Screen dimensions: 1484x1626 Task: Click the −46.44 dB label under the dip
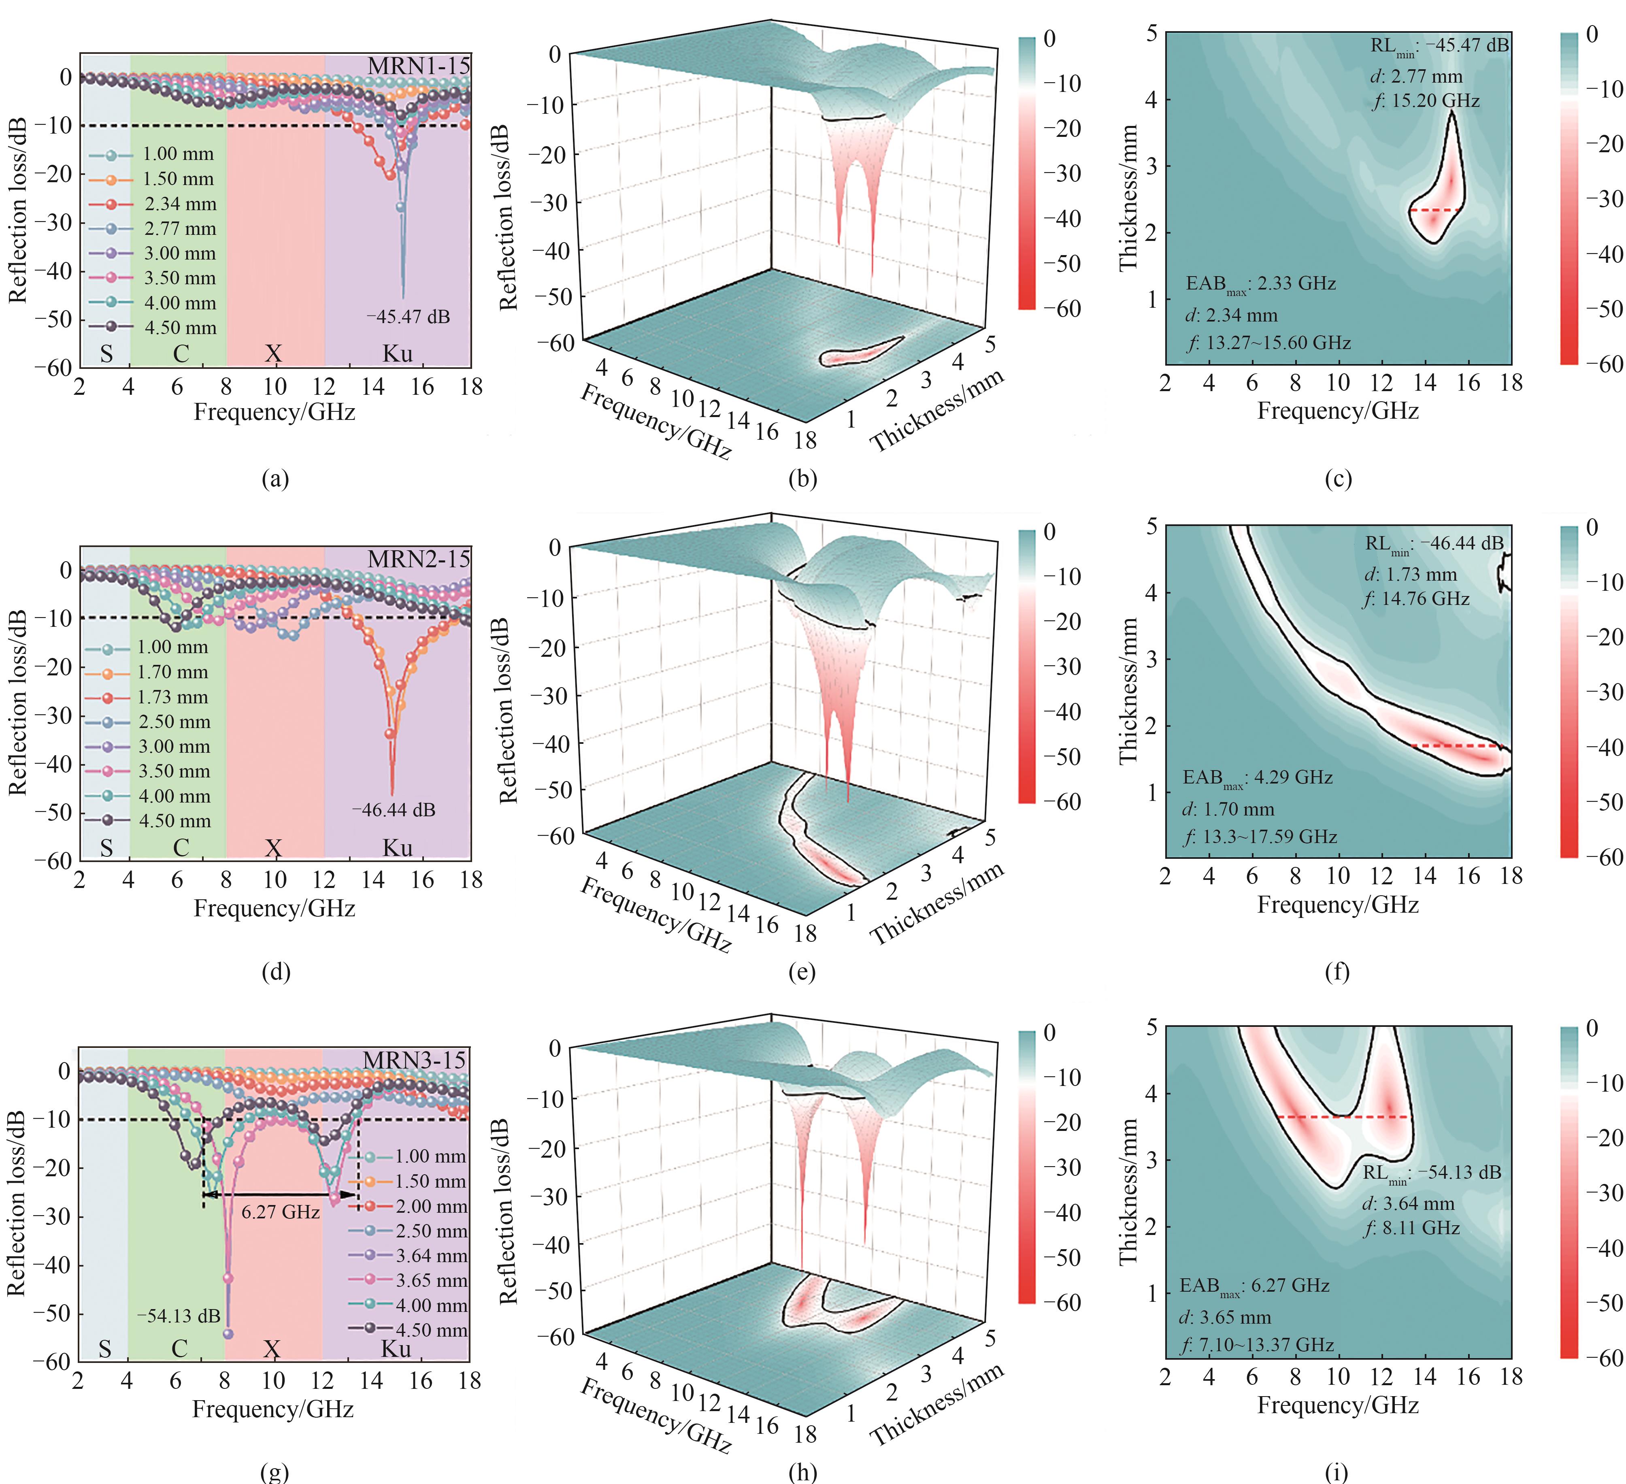coord(394,810)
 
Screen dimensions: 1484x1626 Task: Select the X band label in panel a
coord(274,354)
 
